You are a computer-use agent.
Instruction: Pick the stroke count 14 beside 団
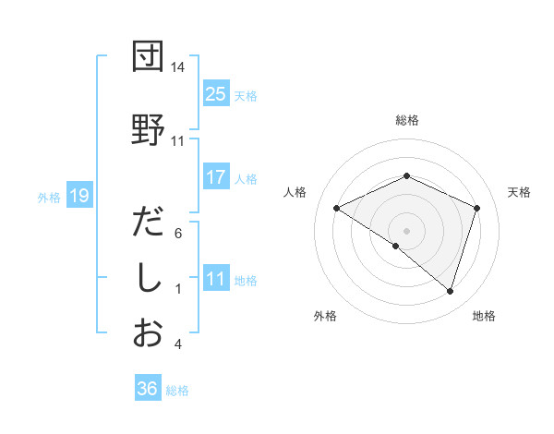177,68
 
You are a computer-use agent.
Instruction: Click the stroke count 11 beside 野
177,141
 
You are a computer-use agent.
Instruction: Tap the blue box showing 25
216,93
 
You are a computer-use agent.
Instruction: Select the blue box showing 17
216,178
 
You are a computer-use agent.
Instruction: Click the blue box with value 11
216,279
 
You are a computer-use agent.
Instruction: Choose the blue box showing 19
78,195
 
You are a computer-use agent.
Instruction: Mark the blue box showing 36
147,389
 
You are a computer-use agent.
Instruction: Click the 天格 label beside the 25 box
246,95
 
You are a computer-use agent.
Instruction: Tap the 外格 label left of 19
49,197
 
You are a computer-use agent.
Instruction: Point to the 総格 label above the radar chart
407,120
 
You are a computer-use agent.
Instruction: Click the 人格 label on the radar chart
295,192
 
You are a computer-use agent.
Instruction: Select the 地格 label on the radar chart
484,316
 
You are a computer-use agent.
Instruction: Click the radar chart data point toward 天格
477,208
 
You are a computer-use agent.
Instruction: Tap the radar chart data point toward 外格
396,246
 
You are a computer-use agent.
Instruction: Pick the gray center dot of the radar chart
407,230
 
